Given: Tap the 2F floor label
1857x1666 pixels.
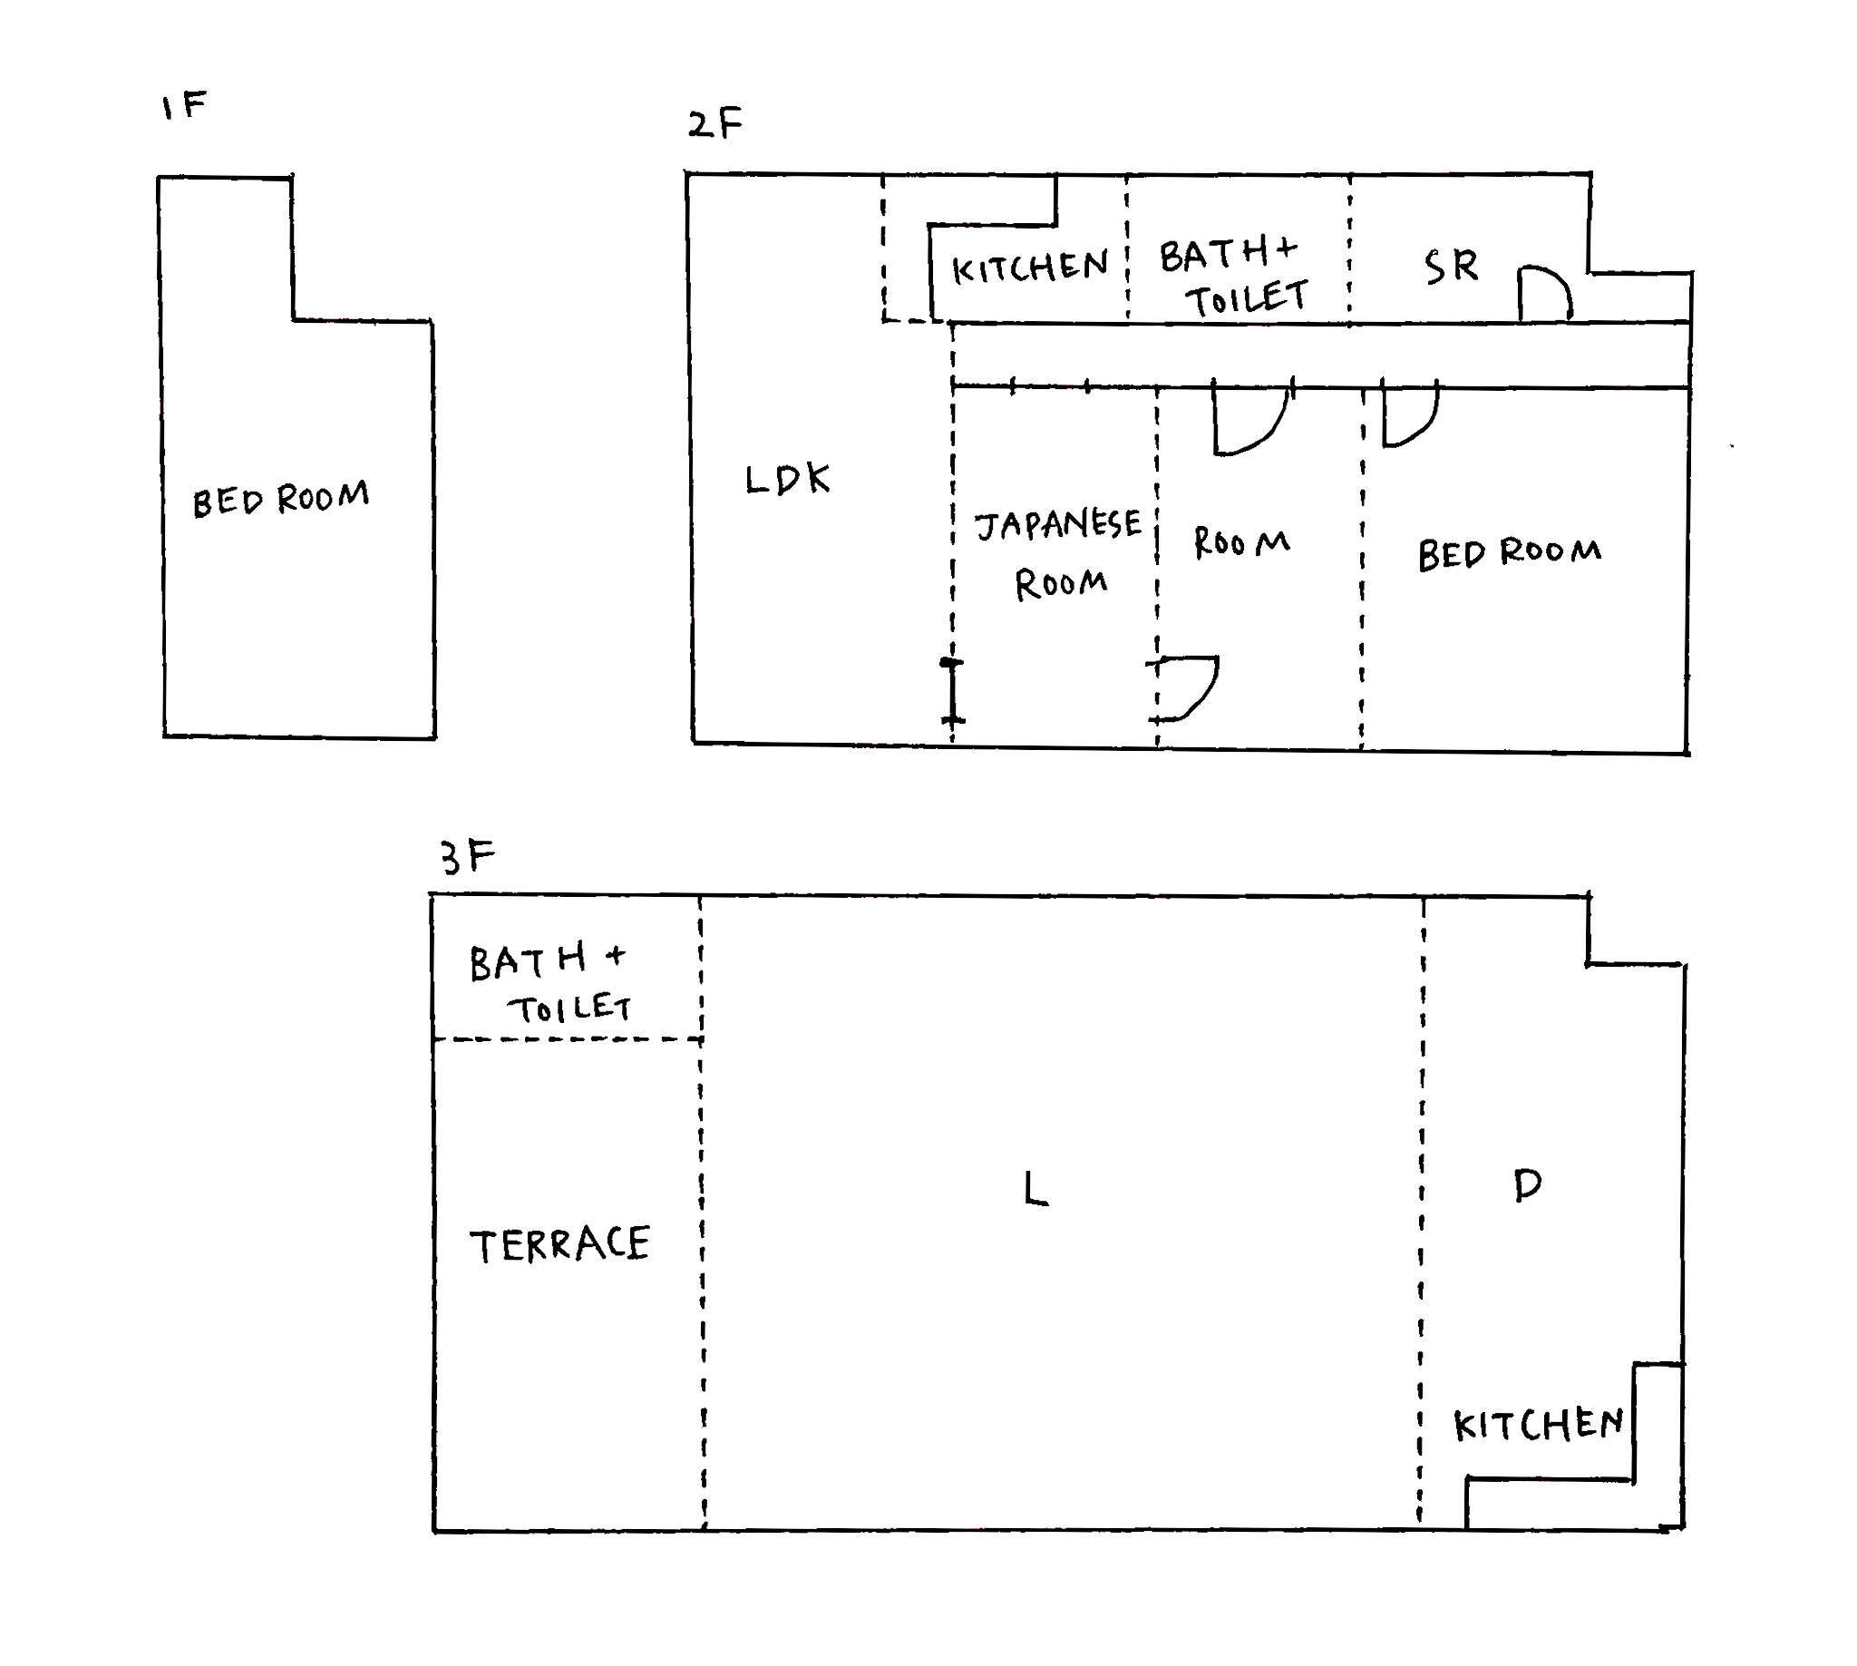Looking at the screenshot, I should (715, 122).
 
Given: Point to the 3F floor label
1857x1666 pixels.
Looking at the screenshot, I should (468, 858).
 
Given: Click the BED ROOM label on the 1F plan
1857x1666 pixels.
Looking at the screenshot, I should (280, 498).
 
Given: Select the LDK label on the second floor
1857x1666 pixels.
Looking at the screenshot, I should (787, 479).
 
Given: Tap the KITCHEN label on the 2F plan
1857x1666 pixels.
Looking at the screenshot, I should (1030, 268).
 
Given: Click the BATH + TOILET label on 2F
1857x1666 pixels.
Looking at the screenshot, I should (1233, 277).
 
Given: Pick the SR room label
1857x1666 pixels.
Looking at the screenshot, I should (1451, 267).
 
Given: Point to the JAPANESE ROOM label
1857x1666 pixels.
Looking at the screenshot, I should (1059, 553).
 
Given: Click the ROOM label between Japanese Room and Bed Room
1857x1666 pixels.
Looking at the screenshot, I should (1242, 543).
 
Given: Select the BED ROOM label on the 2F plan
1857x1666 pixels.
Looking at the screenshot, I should (1509, 553).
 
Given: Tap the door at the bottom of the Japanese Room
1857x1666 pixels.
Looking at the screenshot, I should (1185, 687).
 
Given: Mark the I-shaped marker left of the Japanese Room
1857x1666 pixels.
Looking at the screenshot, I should (952, 691).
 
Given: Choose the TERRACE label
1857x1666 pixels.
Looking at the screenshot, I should (559, 1245).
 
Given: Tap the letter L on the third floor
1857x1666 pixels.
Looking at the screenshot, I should (1035, 1189).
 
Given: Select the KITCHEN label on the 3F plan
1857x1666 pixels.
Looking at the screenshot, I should (1539, 1425).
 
